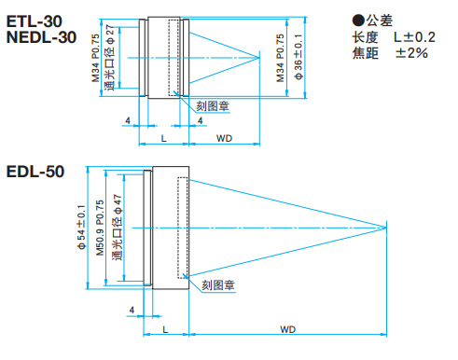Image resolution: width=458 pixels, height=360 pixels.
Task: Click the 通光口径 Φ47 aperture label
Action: (118, 227)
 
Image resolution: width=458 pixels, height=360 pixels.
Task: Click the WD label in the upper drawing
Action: (224, 138)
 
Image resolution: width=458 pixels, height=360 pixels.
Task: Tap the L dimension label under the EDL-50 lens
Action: (164, 329)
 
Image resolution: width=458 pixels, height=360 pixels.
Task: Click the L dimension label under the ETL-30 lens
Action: (163, 138)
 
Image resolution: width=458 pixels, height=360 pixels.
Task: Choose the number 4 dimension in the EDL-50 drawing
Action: (132, 309)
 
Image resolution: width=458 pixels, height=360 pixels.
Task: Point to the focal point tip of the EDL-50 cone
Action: (387, 227)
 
